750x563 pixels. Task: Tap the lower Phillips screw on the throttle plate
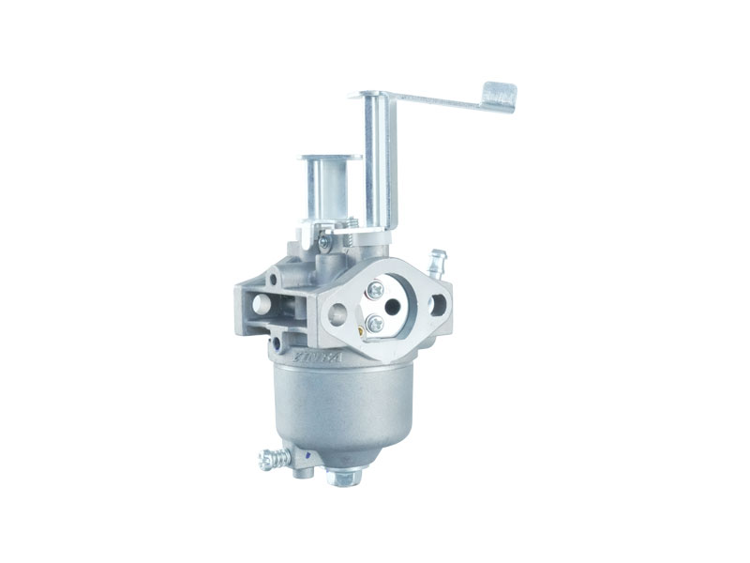(375, 324)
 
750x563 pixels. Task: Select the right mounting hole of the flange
(438, 304)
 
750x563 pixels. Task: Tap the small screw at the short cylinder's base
(324, 242)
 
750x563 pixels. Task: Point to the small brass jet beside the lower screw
(360, 328)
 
